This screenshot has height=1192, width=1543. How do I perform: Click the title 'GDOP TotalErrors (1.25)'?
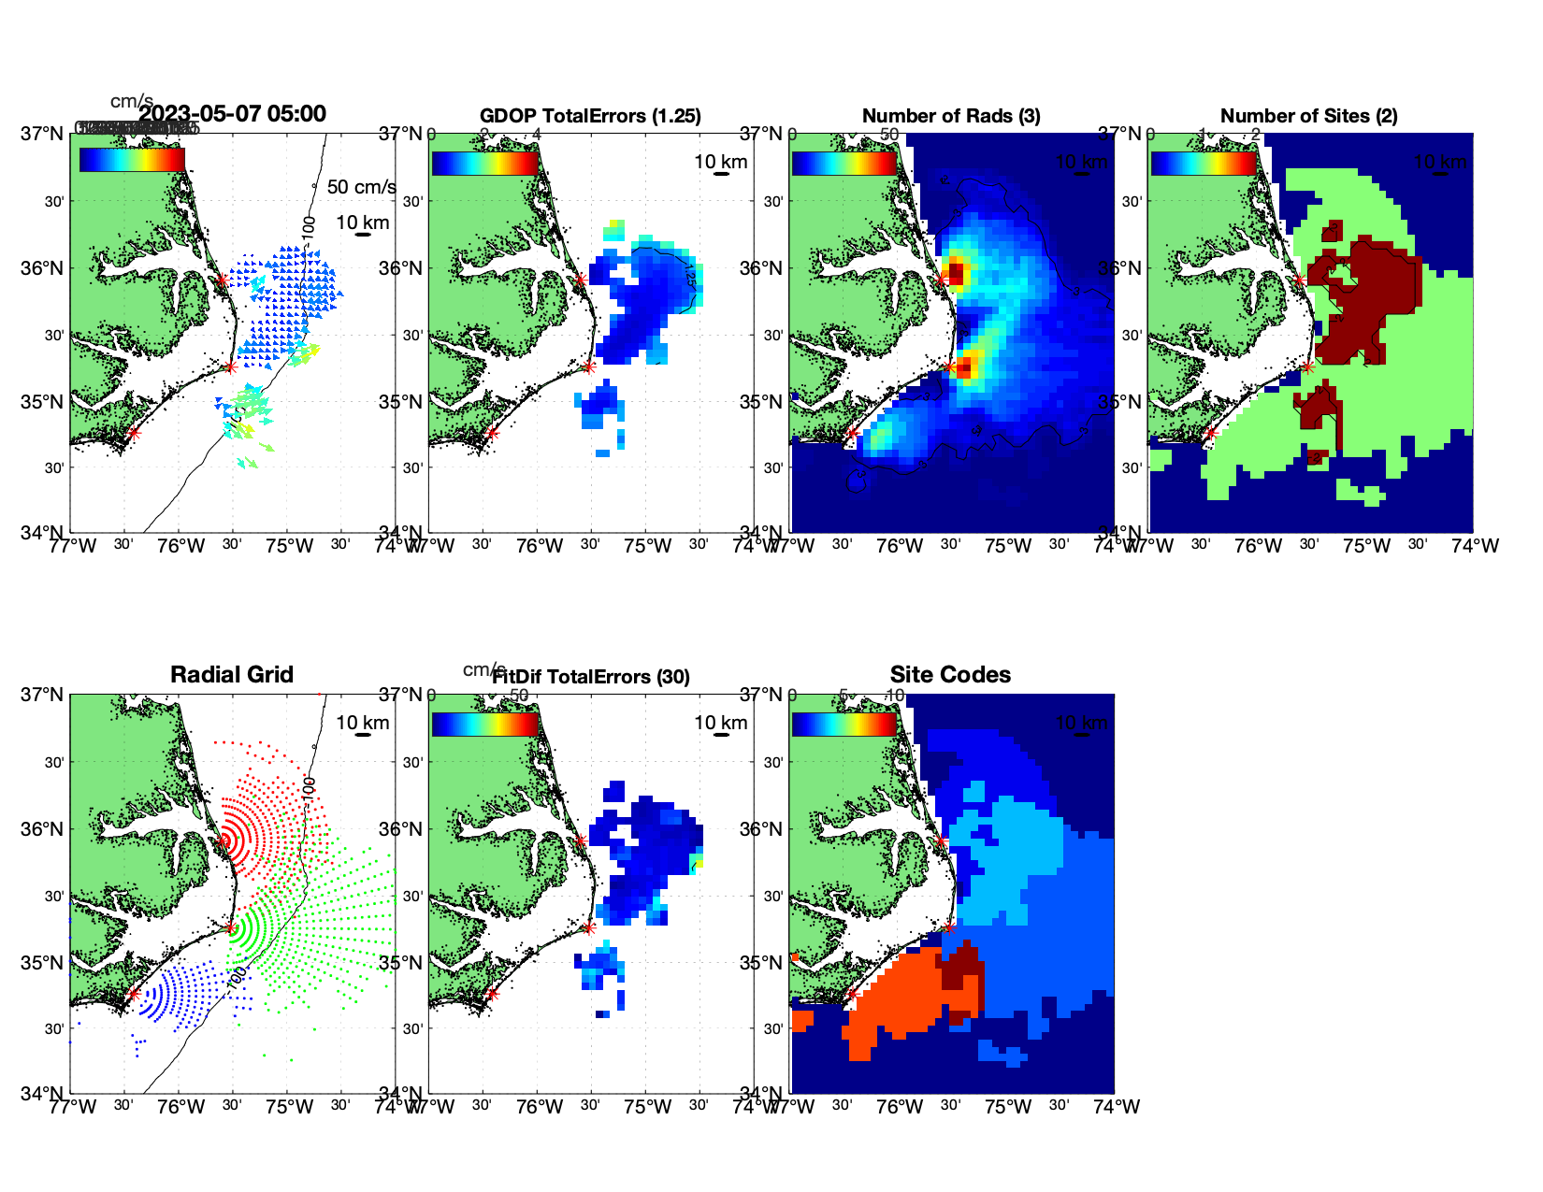point(590,116)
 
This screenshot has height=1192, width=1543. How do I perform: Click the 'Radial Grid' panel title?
point(232,675)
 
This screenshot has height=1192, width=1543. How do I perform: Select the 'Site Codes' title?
point(950,675)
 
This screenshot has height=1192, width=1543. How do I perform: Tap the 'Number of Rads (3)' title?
point(951,116)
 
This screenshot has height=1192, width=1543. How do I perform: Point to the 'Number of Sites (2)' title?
point(1309,116)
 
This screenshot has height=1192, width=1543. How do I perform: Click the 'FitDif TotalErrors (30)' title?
point(591,677)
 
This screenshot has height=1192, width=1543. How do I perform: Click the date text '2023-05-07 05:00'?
point(233,114)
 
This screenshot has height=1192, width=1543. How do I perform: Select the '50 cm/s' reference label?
point(361,187)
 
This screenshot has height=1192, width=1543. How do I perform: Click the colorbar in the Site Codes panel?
point(844,724)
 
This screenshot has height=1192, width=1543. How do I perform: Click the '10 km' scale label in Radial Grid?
point(363,723)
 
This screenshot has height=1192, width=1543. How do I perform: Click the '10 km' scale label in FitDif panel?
point(721,723)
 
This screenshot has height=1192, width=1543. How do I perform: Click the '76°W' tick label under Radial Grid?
point(180,1108)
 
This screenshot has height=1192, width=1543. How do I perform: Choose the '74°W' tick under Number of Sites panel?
point(1475,547)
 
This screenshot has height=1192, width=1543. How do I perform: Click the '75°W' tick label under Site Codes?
point(1008,1108)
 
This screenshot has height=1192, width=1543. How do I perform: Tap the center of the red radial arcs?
point(223,840)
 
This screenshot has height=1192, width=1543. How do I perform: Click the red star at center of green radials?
point(230,927)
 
